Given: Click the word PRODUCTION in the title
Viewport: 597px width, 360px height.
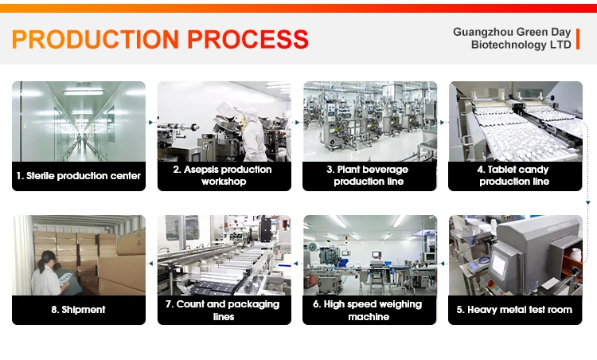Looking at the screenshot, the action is click(x=92, y=39).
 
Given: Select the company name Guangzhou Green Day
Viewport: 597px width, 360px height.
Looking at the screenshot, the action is click(x=512, y=32).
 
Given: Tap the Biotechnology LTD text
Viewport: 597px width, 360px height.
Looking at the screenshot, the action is click(x=521, y=45).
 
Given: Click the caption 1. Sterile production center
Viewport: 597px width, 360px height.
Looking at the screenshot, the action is click(x=79, y=175).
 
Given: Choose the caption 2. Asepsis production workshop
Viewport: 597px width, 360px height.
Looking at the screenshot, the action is click(x=224, y=175).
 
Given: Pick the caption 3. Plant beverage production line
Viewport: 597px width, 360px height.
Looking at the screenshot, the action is click(x=370, y=175).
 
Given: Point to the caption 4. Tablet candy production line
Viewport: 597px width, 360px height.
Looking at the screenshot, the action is click(x=515, y=175).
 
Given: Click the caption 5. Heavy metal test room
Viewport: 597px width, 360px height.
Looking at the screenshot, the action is click(x=515, y=309).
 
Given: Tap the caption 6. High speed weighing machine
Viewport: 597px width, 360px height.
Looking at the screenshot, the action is click(x=370, y=310).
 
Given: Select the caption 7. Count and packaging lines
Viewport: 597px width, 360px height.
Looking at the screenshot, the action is click(x=224, y=310).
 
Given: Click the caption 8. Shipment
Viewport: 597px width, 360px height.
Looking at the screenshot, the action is click(x=79, y=309).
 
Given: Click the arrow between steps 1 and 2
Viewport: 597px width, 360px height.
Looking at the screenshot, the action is click(x=151, y=123).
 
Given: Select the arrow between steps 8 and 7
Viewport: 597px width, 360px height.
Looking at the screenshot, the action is click(x=151, y=260).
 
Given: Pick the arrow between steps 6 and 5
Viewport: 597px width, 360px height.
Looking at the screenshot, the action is click(x=443, y=260).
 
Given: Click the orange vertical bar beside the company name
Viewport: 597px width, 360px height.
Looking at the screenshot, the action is click(x=579, y=38).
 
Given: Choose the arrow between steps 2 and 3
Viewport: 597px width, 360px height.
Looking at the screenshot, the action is click(x=297, y=123).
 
